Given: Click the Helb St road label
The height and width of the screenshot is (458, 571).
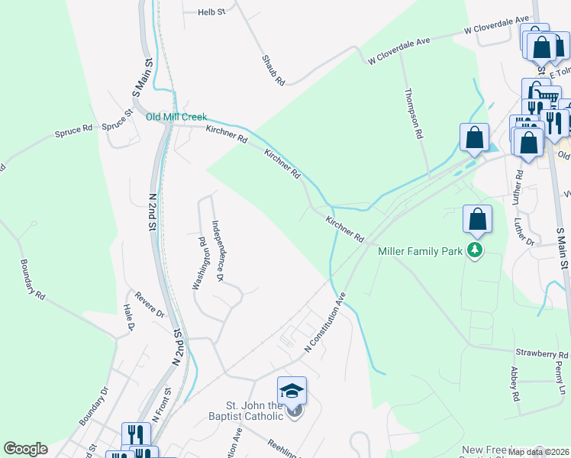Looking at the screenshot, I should [x=211, y=12].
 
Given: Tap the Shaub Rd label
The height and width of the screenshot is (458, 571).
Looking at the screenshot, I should [x=273, y=69].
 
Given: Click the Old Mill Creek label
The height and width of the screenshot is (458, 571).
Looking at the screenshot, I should [x=177, y=117].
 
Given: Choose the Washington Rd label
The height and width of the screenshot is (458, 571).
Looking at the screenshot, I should [x=202, y=264].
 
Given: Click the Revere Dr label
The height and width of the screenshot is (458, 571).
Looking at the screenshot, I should [x=150, y=304].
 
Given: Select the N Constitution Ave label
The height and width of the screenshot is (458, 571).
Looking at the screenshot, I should [x=325, y=321].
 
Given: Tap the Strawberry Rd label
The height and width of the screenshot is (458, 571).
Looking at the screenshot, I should [x=542, y=354].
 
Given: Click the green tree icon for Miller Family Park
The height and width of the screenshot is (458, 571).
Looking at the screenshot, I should [x=476, y=250].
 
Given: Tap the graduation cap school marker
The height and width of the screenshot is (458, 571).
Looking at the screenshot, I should [x=292, y=391].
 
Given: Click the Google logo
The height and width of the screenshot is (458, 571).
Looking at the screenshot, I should [x=25, y=449].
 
